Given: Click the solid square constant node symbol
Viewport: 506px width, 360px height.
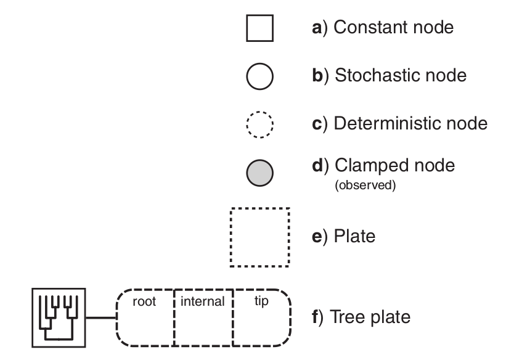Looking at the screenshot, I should (259, 28).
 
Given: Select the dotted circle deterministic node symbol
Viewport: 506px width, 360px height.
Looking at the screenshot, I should (259, 125).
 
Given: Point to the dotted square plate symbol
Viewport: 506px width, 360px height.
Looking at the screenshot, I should (259, 237).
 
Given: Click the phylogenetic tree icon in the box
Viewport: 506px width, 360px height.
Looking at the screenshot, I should (58, 318).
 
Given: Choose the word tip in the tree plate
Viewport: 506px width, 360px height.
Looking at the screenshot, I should (261, 303).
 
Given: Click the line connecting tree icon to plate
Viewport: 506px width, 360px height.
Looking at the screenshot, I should (100, 318).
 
